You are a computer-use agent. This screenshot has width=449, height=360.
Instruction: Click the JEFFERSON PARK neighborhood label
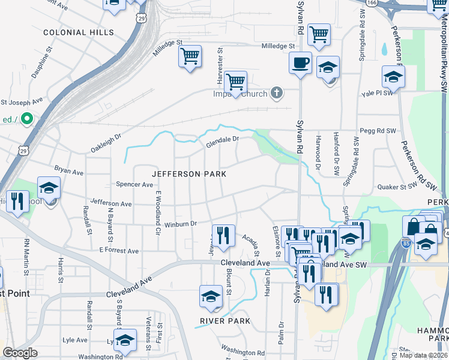click(x=188, y=174)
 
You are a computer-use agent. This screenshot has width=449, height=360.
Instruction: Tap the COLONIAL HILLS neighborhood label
click(x=70, y=31)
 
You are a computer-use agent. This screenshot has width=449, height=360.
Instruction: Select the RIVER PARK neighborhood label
click(x=225, y=322)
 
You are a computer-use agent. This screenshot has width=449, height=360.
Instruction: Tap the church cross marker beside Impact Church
click(x=276, y=92)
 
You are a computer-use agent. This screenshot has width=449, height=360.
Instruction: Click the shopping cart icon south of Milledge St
click(x=190, y=57)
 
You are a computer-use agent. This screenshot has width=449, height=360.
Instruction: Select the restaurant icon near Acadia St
click(x=224, y=235)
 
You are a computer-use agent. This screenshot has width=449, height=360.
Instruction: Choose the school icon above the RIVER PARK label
click(x=211, y=296)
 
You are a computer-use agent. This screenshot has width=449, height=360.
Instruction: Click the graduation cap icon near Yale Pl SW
click(x=393, y=77)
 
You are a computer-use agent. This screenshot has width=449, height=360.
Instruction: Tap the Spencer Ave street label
click(x=134, y=185)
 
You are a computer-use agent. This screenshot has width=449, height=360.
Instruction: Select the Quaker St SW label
click(x=397, y=187)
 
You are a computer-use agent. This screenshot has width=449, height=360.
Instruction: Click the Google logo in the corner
click(x=20, y=353)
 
